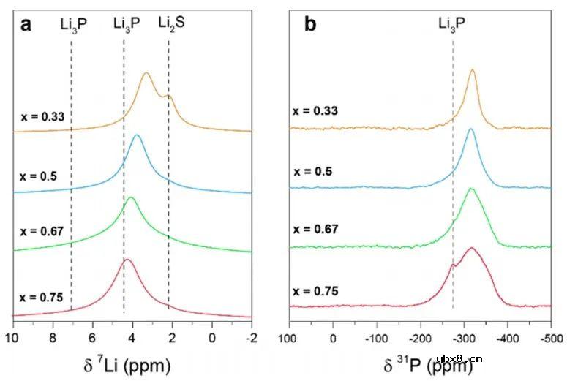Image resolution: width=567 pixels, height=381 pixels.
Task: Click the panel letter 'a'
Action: click(26, 23)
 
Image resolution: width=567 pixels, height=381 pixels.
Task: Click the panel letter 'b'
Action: click(310, 23)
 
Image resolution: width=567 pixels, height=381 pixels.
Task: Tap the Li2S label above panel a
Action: click(172, 23)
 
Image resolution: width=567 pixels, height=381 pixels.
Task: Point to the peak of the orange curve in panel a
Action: click(146, 73)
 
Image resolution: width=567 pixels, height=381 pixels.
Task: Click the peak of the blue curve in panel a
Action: click(135, 135)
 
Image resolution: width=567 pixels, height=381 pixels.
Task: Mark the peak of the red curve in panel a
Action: click(127, 260)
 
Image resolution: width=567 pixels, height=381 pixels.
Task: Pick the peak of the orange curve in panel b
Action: click(473, 70)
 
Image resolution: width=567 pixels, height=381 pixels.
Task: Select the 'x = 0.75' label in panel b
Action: click(315, 290)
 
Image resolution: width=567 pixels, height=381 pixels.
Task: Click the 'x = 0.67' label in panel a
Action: click(42, 232)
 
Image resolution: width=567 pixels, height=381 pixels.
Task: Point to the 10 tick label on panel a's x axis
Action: click(12, 338)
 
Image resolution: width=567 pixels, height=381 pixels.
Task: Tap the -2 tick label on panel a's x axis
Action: click(251, 338)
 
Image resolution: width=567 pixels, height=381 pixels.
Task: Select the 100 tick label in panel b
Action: click(288, 338)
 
